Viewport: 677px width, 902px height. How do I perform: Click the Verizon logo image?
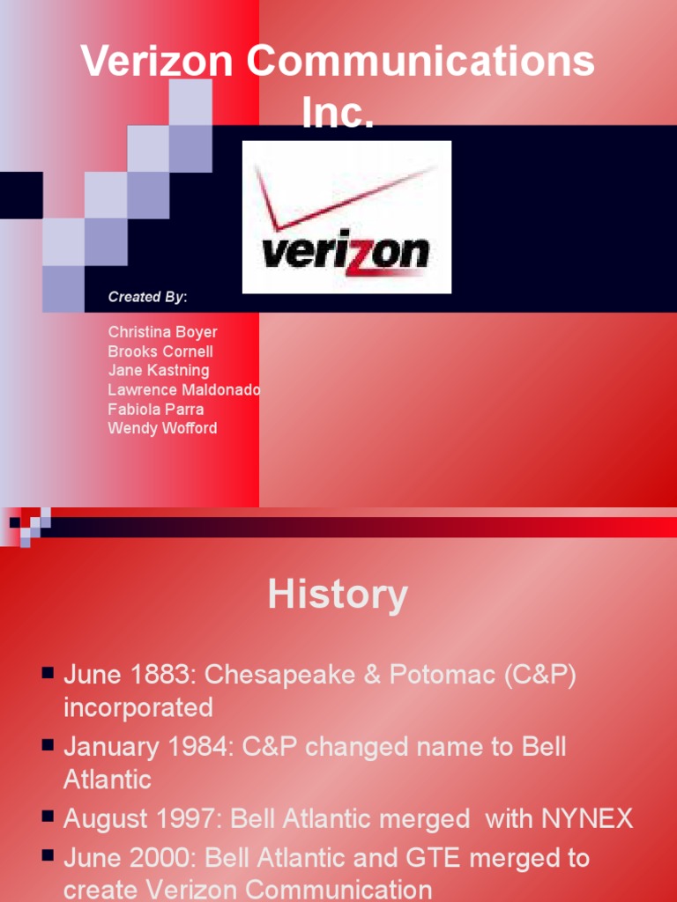[x=346, y=217]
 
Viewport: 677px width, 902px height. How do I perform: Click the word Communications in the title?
[x=420, y=62]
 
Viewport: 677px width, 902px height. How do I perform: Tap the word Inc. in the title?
[x=338, y=113]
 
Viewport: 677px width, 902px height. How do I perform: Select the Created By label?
[x=147, y=297]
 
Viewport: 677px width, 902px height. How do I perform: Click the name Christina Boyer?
[x=162, y=332]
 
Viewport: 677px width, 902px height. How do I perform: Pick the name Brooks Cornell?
[x=160, y=351]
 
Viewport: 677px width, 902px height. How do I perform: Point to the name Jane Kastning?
[x=159, y=371]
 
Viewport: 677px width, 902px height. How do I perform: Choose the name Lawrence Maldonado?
[x=184, y=390]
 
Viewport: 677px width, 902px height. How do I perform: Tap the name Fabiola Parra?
[x=156, y=410]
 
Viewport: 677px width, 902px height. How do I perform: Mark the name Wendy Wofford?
[x=162, y=429]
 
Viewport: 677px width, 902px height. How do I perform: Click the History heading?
[x=338, y=595]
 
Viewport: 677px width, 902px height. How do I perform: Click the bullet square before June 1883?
[x=48, y=674]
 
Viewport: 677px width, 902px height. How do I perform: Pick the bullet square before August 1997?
[x=48, y=817]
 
